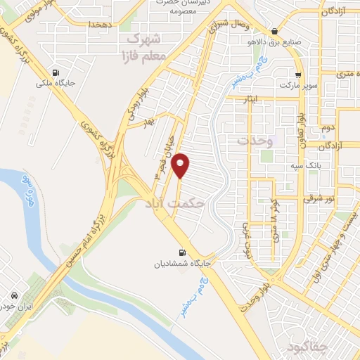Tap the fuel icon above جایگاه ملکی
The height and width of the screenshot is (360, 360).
[55, 72]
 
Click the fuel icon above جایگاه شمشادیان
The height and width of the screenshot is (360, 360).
[184, 252]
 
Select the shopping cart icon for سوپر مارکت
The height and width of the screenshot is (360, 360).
[298, 75]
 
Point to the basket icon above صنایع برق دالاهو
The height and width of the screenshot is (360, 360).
[274, 31]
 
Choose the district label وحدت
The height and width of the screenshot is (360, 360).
[254, 141]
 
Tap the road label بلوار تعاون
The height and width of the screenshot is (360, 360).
[300, 115]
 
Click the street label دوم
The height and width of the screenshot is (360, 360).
[328, 128]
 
